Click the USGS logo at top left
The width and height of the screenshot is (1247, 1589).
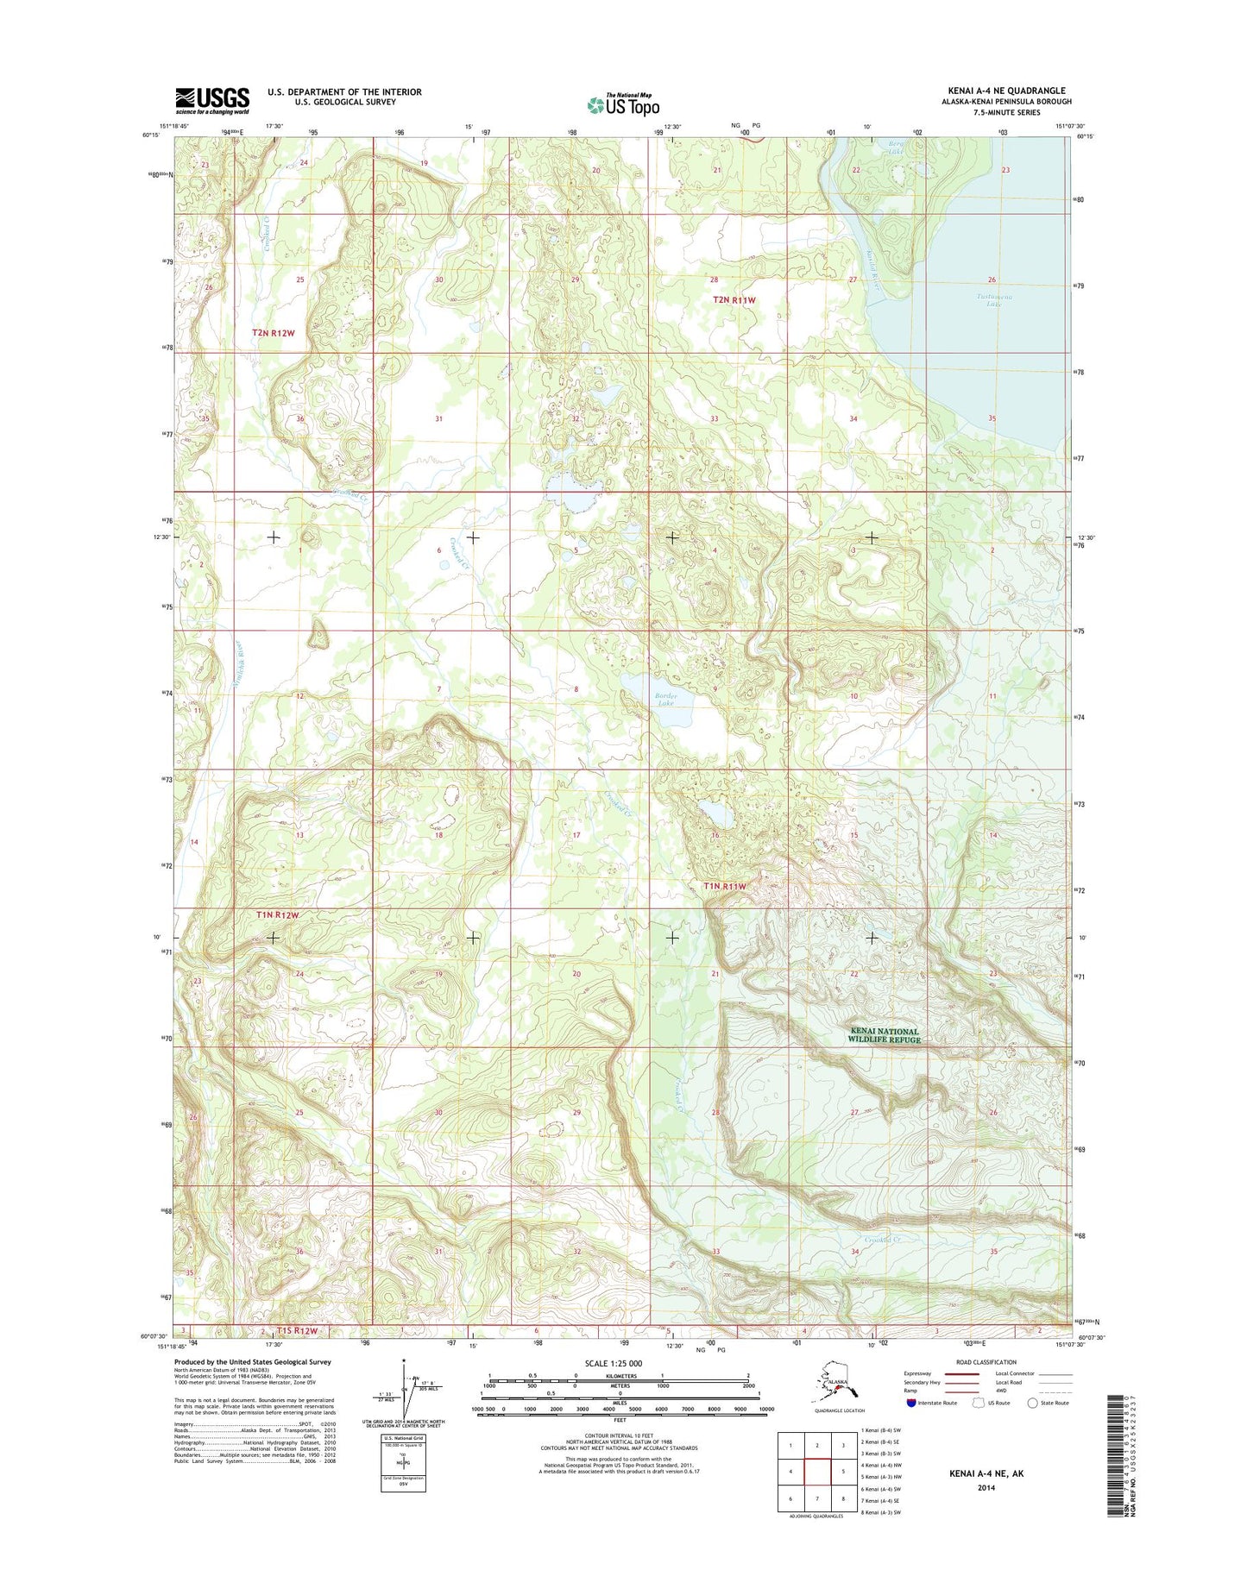pos(212,100)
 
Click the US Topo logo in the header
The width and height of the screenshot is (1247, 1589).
pos(623,104)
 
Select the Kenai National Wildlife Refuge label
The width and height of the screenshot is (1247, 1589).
pos(884,1035)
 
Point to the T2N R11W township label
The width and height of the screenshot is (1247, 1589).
pos(734,300)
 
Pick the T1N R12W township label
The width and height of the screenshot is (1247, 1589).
pos(278,914)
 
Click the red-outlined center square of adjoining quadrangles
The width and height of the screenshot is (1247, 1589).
pos(816,1472)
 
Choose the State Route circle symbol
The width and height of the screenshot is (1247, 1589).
pos(1032,1403)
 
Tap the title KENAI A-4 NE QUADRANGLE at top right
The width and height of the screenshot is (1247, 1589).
pos(1004,91)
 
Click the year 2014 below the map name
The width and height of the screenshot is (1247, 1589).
pos(986,1487)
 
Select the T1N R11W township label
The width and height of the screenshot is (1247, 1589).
pos(724,886)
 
